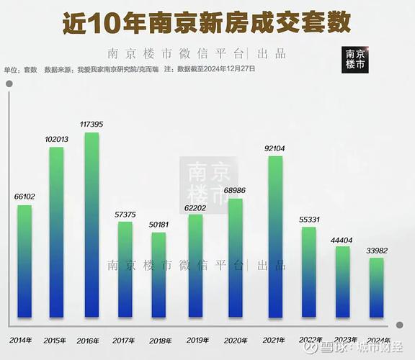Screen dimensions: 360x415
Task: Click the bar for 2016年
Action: [92, 225]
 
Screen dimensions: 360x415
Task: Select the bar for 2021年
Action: [275, 236]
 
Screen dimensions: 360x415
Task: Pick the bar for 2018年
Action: [159, 274]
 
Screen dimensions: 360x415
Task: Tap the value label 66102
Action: [24, 196]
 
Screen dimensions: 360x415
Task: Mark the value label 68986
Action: [235, 190]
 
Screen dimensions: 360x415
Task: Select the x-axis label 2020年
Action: [235, 339]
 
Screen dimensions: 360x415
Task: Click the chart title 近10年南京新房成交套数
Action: [207, 22]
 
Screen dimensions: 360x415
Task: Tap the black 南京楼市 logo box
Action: [355, 59]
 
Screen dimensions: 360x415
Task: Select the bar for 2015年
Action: [56, 232]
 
